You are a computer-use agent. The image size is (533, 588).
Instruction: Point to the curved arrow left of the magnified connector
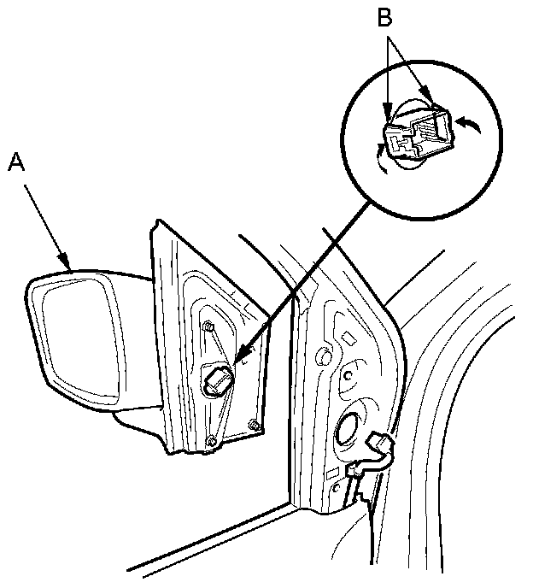tap(381, 157)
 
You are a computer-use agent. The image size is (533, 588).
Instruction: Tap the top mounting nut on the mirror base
tap(208, 326)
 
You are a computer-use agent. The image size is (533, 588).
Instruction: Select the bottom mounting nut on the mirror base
tap(211, 440)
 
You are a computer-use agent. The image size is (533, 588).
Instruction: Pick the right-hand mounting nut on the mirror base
tap(254, 424)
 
